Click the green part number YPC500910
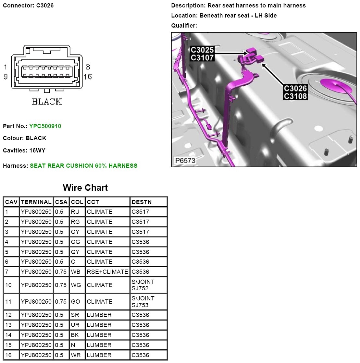(x=45, y=126)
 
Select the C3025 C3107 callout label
(x=202, y=54)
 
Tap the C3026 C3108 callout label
(x=295, y=92)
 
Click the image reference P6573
(x=185, y=161)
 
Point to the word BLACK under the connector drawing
(x=47, y=102)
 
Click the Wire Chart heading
(x=85, y=188)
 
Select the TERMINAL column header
(x=36, y=202)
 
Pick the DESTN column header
(x=142, y=202)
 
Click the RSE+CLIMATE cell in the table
(x=107, y=272)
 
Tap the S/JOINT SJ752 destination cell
(x=143, y=285)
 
